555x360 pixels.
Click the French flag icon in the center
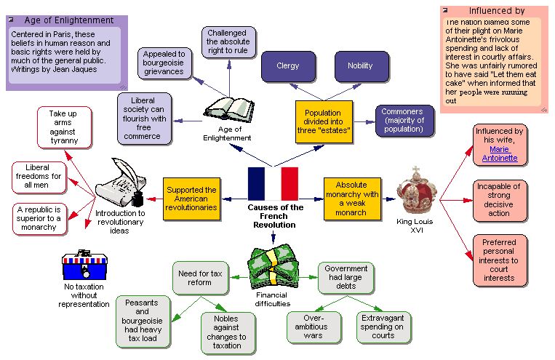[x=273, y=183]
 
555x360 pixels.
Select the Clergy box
[x=288, y=66]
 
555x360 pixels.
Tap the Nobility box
[x=360, y=66]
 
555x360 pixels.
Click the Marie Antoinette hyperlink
[x=498, y=153]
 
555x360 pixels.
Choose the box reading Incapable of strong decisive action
[x=498, y=200]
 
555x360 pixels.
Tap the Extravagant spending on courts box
[x=383, y=327]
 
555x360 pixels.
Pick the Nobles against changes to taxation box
[x=225, y=332]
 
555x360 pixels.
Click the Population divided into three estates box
[x=324, y=122]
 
